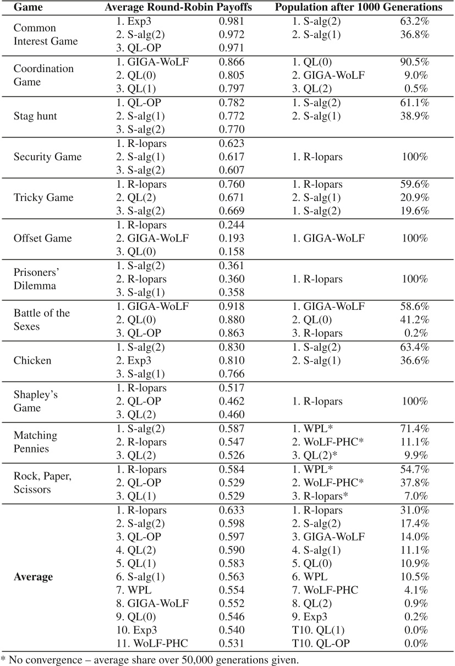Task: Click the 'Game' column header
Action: [x=25, y=8]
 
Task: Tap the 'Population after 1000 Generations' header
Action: [x=360, y=8]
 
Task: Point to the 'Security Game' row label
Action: [x=47, y=157]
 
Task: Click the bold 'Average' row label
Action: [x=33, y=577]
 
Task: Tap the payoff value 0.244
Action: [x=231, y=225]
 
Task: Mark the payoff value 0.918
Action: [x=231, y=306]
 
